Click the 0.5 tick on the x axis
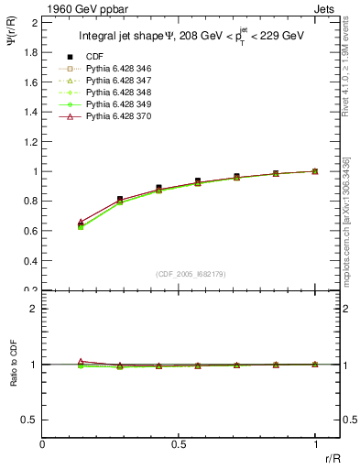[x=179, y=443]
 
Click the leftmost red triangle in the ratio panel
[x=81, y=361]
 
